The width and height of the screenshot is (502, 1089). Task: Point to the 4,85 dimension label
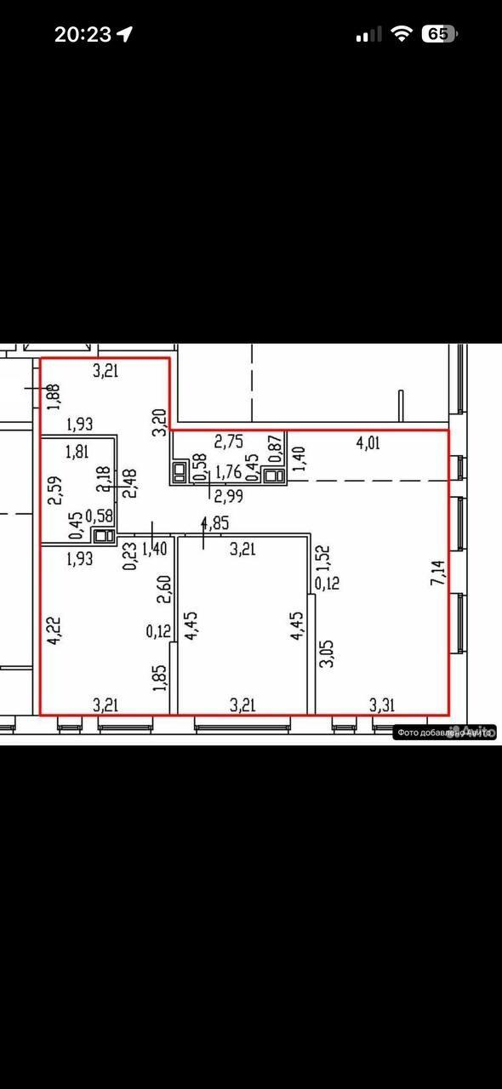click(215, 523)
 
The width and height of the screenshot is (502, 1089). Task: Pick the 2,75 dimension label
click(228, 442)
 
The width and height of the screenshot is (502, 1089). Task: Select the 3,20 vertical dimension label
click(157, 421)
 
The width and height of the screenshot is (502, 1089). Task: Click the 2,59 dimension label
click(53, 490)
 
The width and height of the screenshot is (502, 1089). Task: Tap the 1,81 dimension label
click(77, 452)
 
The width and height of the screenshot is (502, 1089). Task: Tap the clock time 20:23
click(83, 34)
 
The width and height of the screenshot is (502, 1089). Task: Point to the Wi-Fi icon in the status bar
click(400, 34)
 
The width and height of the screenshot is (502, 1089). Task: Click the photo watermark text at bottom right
click(445, 732)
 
